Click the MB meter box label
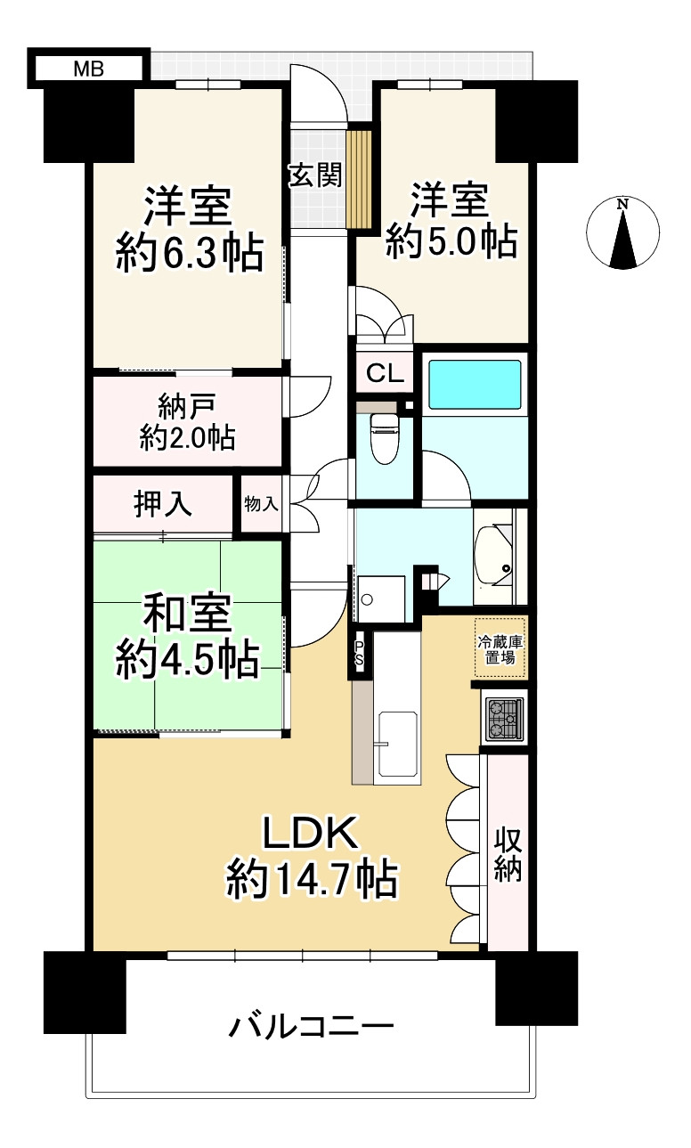[x=86, y=68]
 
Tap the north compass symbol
[x=622, y=232]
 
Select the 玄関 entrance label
[x=314, y=175]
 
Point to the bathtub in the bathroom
[x=475, y=384]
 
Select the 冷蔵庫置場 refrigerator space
[x=500, y=647]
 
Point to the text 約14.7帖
[x=311, y=881]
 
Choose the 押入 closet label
[x=163, y=505]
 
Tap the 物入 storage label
[x=261, y=504]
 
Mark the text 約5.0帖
[x=451, y=241]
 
